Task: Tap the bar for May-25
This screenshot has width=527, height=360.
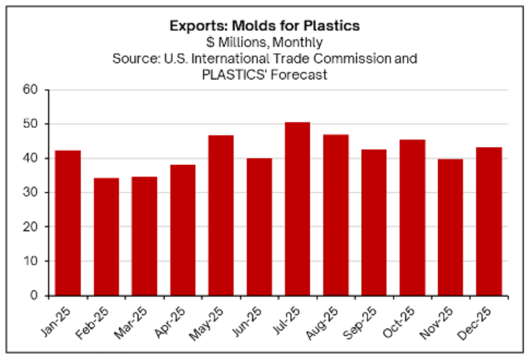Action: coord(221,215)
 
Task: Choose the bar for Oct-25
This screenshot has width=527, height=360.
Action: coord(411,217)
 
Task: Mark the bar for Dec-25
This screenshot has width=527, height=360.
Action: coord(488,221)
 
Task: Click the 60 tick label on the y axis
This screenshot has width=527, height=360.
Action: coord(31,90)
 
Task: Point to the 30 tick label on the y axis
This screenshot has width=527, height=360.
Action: coord(31,193)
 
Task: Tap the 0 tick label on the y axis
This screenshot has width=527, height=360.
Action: coord(35,295)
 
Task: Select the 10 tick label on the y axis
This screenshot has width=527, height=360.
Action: coord(31,261)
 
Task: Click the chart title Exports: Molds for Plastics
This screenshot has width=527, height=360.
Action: coord(264,26)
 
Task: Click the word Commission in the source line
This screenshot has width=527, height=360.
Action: coord(365,57)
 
